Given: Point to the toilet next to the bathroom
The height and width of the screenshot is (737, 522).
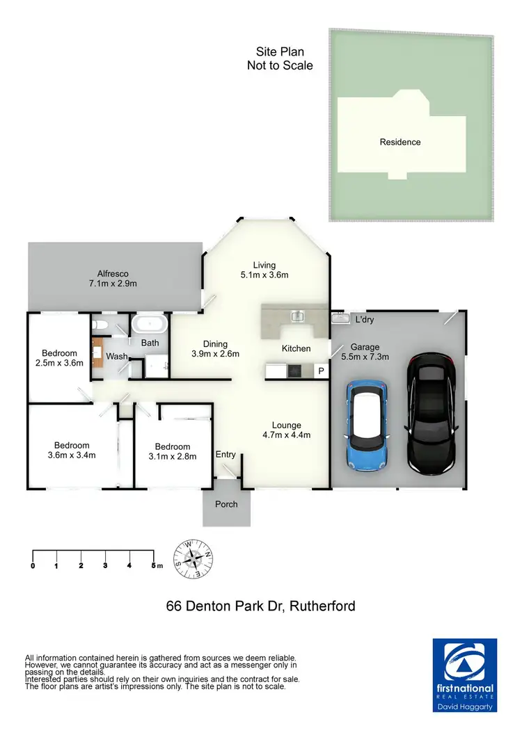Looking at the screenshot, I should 100,325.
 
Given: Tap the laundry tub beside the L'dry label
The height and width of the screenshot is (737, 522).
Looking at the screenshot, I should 340,318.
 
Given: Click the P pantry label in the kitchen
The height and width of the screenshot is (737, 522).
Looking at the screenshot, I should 321,371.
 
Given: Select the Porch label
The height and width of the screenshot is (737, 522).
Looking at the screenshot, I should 227,504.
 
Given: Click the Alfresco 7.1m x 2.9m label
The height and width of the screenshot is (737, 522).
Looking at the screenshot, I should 113,278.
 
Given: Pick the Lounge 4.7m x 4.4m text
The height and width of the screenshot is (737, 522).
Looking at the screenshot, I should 286,430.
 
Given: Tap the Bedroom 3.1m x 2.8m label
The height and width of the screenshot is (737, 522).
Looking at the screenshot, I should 173,451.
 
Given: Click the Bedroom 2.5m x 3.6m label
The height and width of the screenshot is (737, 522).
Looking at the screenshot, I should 59,357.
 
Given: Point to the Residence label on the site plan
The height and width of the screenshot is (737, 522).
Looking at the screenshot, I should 400,142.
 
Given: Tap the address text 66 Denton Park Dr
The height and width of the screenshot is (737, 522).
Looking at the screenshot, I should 261,606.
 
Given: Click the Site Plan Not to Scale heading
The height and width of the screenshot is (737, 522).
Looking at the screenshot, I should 280,59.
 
